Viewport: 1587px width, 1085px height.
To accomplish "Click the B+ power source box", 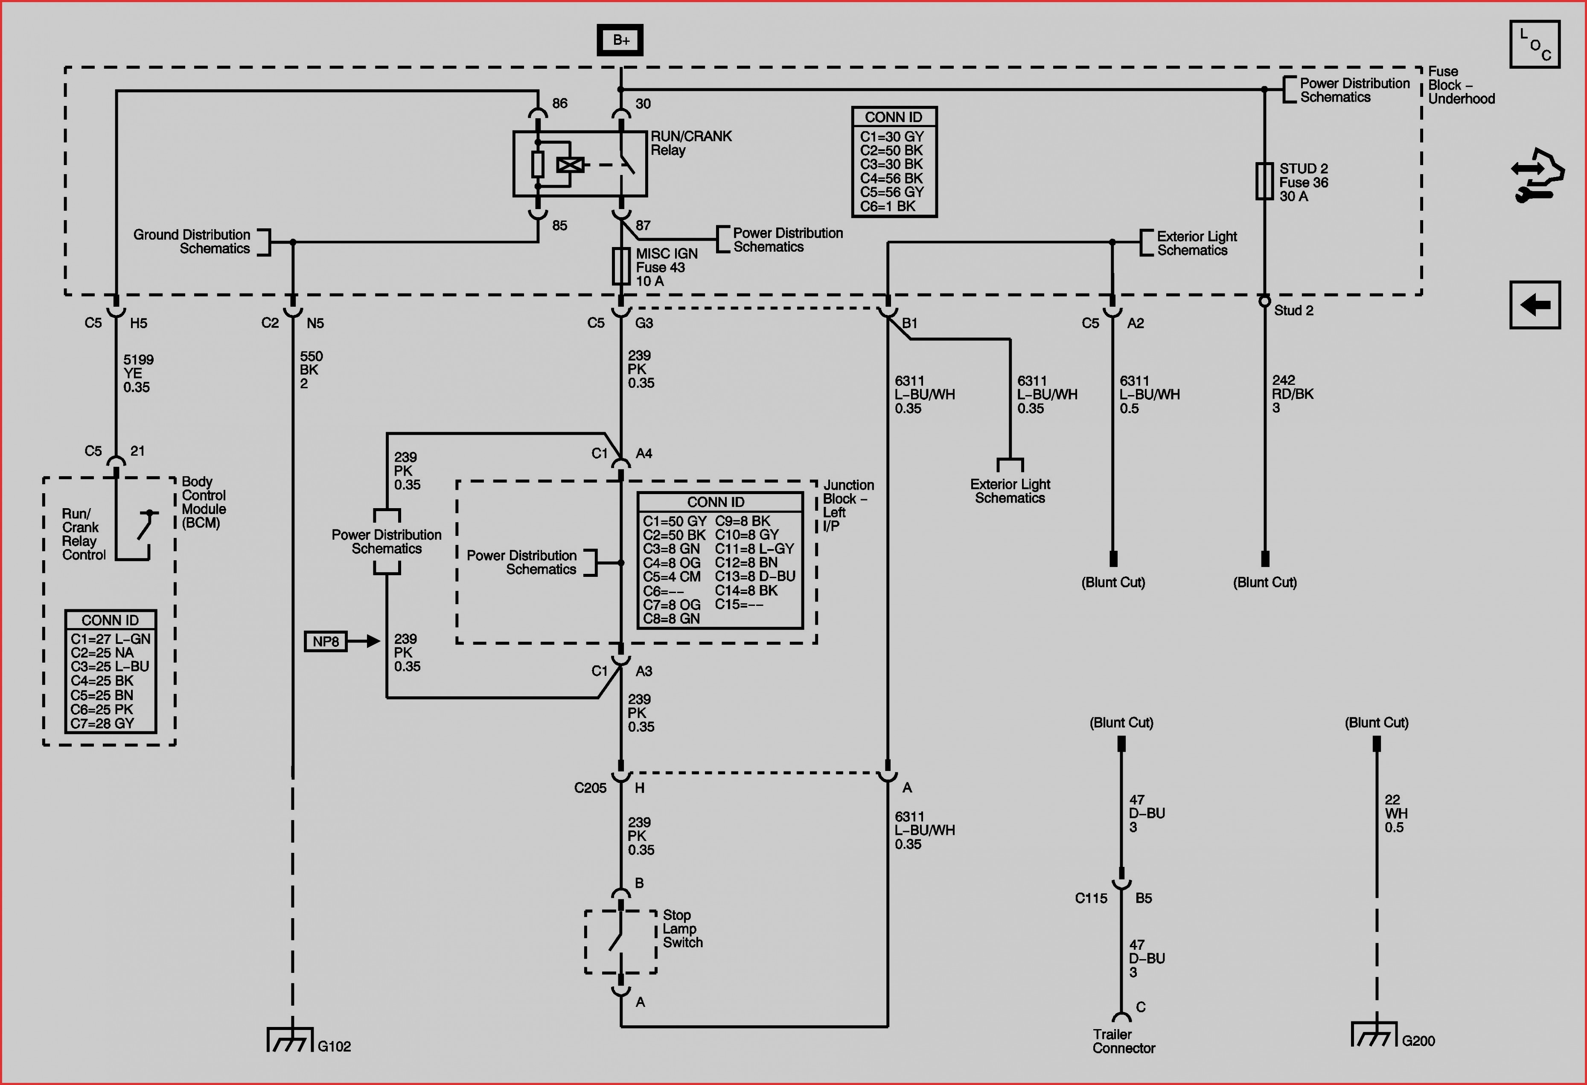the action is [x=620, y=40].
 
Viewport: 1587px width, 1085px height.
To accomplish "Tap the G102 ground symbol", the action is [x=290, y=1039].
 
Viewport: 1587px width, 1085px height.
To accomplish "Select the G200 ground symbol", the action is [x=1374, y=1034].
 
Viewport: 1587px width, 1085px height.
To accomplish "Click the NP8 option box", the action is [x=326, y=641].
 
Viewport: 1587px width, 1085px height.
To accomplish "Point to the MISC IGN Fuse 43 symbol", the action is [x=621, y=266].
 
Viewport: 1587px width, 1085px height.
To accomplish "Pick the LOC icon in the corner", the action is [x=1535, y=44].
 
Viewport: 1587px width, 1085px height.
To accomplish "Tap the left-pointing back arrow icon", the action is [x=1535, y=305].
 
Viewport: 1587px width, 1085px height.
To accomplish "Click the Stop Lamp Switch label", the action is [x=682, y=929].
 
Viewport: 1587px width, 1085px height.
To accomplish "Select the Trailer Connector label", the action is [x=1123, y=1041].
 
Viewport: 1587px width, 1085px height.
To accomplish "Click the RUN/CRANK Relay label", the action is [x=690, y=143].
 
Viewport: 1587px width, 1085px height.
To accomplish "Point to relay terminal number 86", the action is [x=559, y=103].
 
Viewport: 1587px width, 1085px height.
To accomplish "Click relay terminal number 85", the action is [x=559, y=225].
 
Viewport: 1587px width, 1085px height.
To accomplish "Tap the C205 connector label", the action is [x=590, y=788].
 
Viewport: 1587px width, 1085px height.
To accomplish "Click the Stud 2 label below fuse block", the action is [x=1293, y=311].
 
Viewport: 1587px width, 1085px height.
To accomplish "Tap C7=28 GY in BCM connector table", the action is [x=102, y=723].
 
